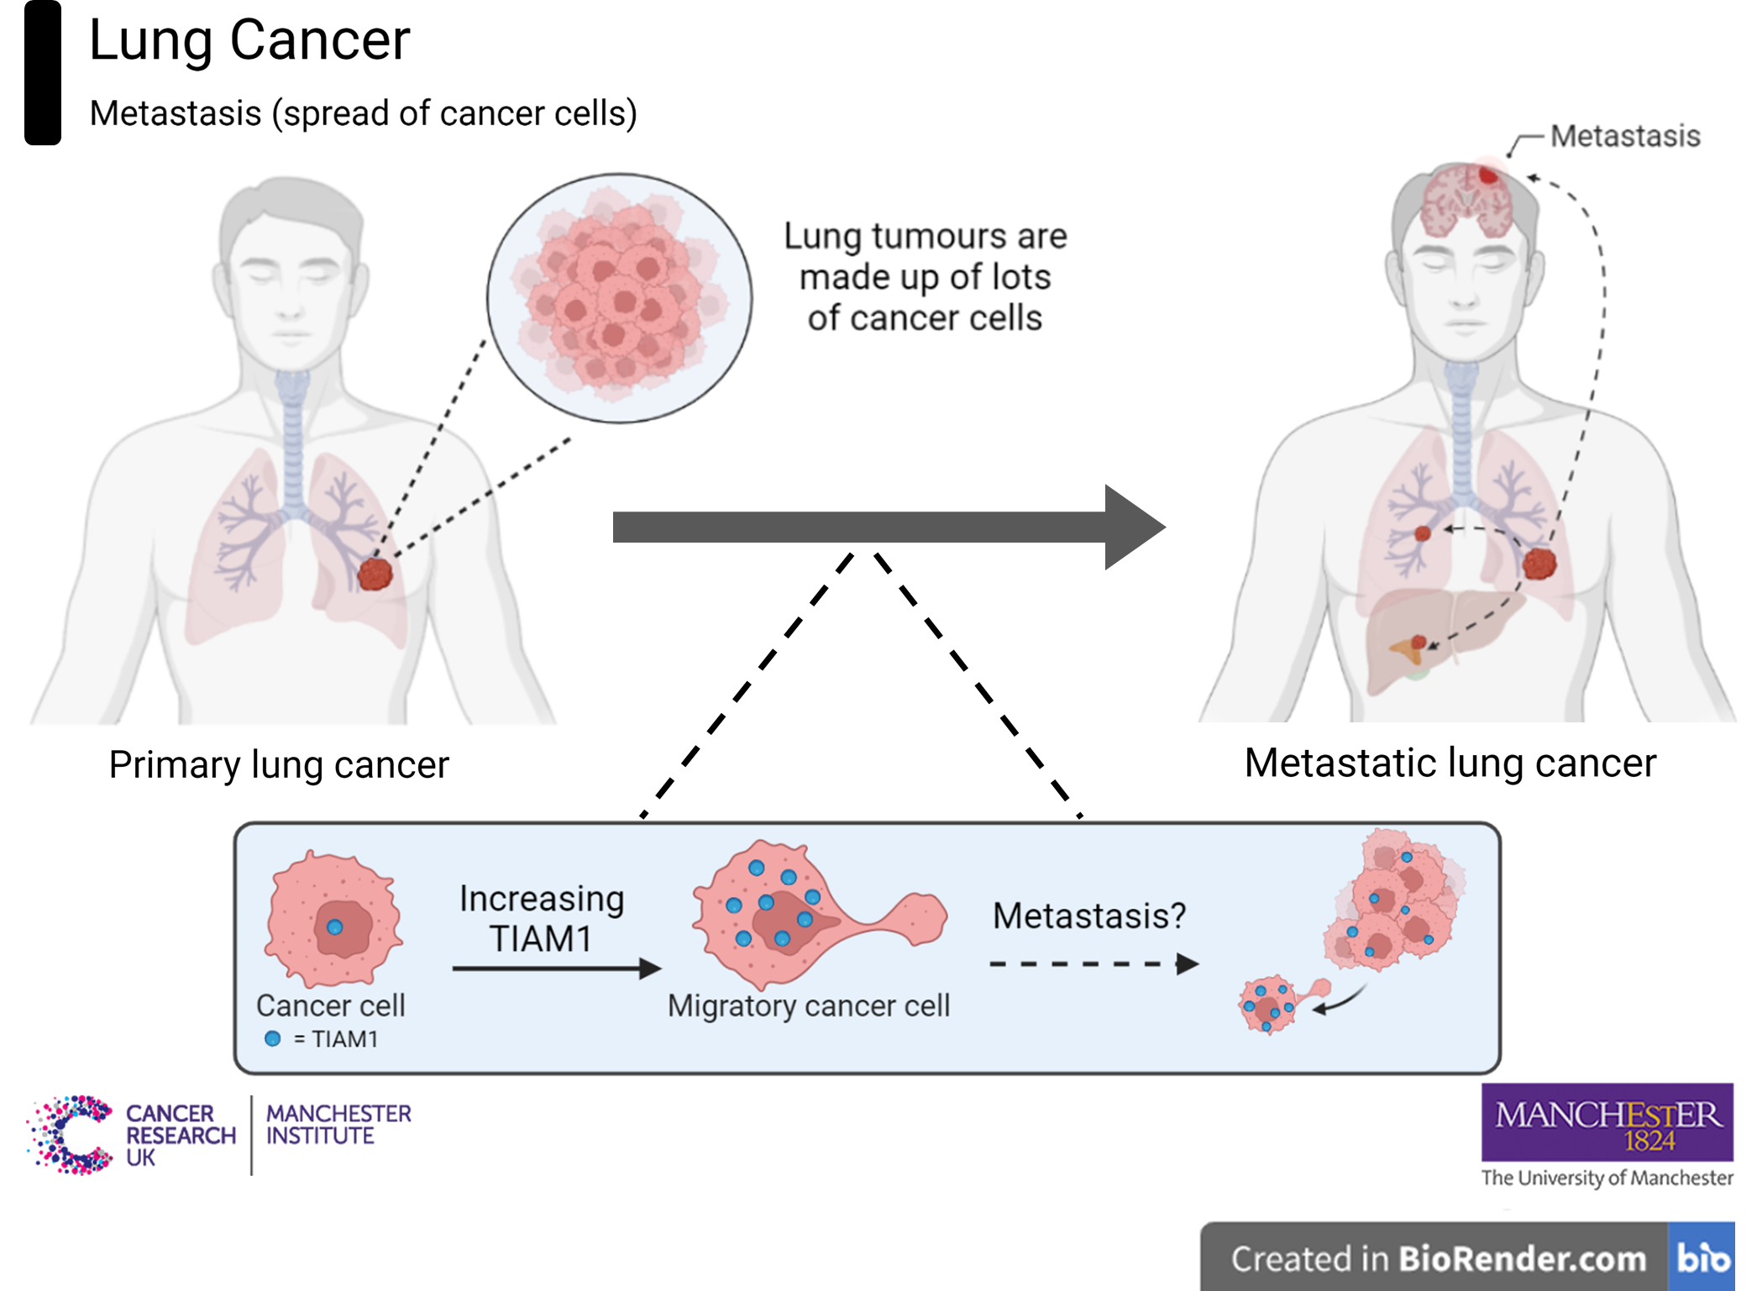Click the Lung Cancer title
[249, 40]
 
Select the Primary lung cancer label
[280, 765]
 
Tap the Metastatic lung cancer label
[1450, 763]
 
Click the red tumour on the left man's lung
[375, 574]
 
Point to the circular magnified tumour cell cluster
[619, 297]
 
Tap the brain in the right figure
[1466, 202]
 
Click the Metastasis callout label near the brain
[1624, 136]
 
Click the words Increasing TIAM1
[542, 918]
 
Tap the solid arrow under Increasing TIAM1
[554, 968]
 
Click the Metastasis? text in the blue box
[1088, 916]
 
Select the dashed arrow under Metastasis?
[1092, 963]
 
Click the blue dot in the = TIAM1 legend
[272, 1039]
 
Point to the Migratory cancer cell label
[808, 1005]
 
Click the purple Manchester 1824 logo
[1607, 1124]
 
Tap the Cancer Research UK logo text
[180, 1135]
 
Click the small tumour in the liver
[1419, 643]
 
